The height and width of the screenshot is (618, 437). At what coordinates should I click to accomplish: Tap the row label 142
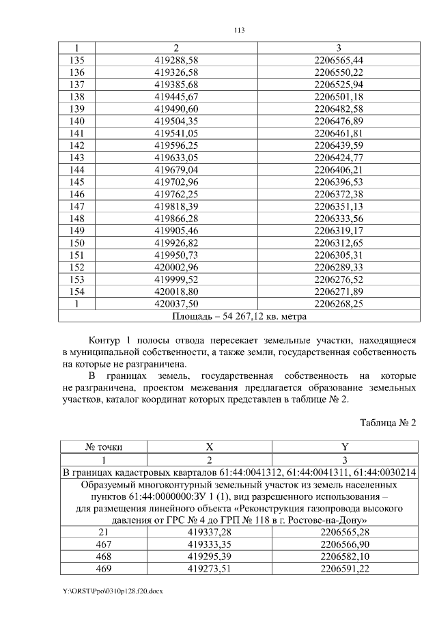77,145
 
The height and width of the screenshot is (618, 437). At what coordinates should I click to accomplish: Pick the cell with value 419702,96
176,182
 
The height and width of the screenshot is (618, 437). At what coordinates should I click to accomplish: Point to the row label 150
77,243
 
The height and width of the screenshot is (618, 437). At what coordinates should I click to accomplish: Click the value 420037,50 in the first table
176,304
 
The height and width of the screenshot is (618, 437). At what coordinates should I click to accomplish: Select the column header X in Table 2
210,447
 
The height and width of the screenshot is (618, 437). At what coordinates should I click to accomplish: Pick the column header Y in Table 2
345,447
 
